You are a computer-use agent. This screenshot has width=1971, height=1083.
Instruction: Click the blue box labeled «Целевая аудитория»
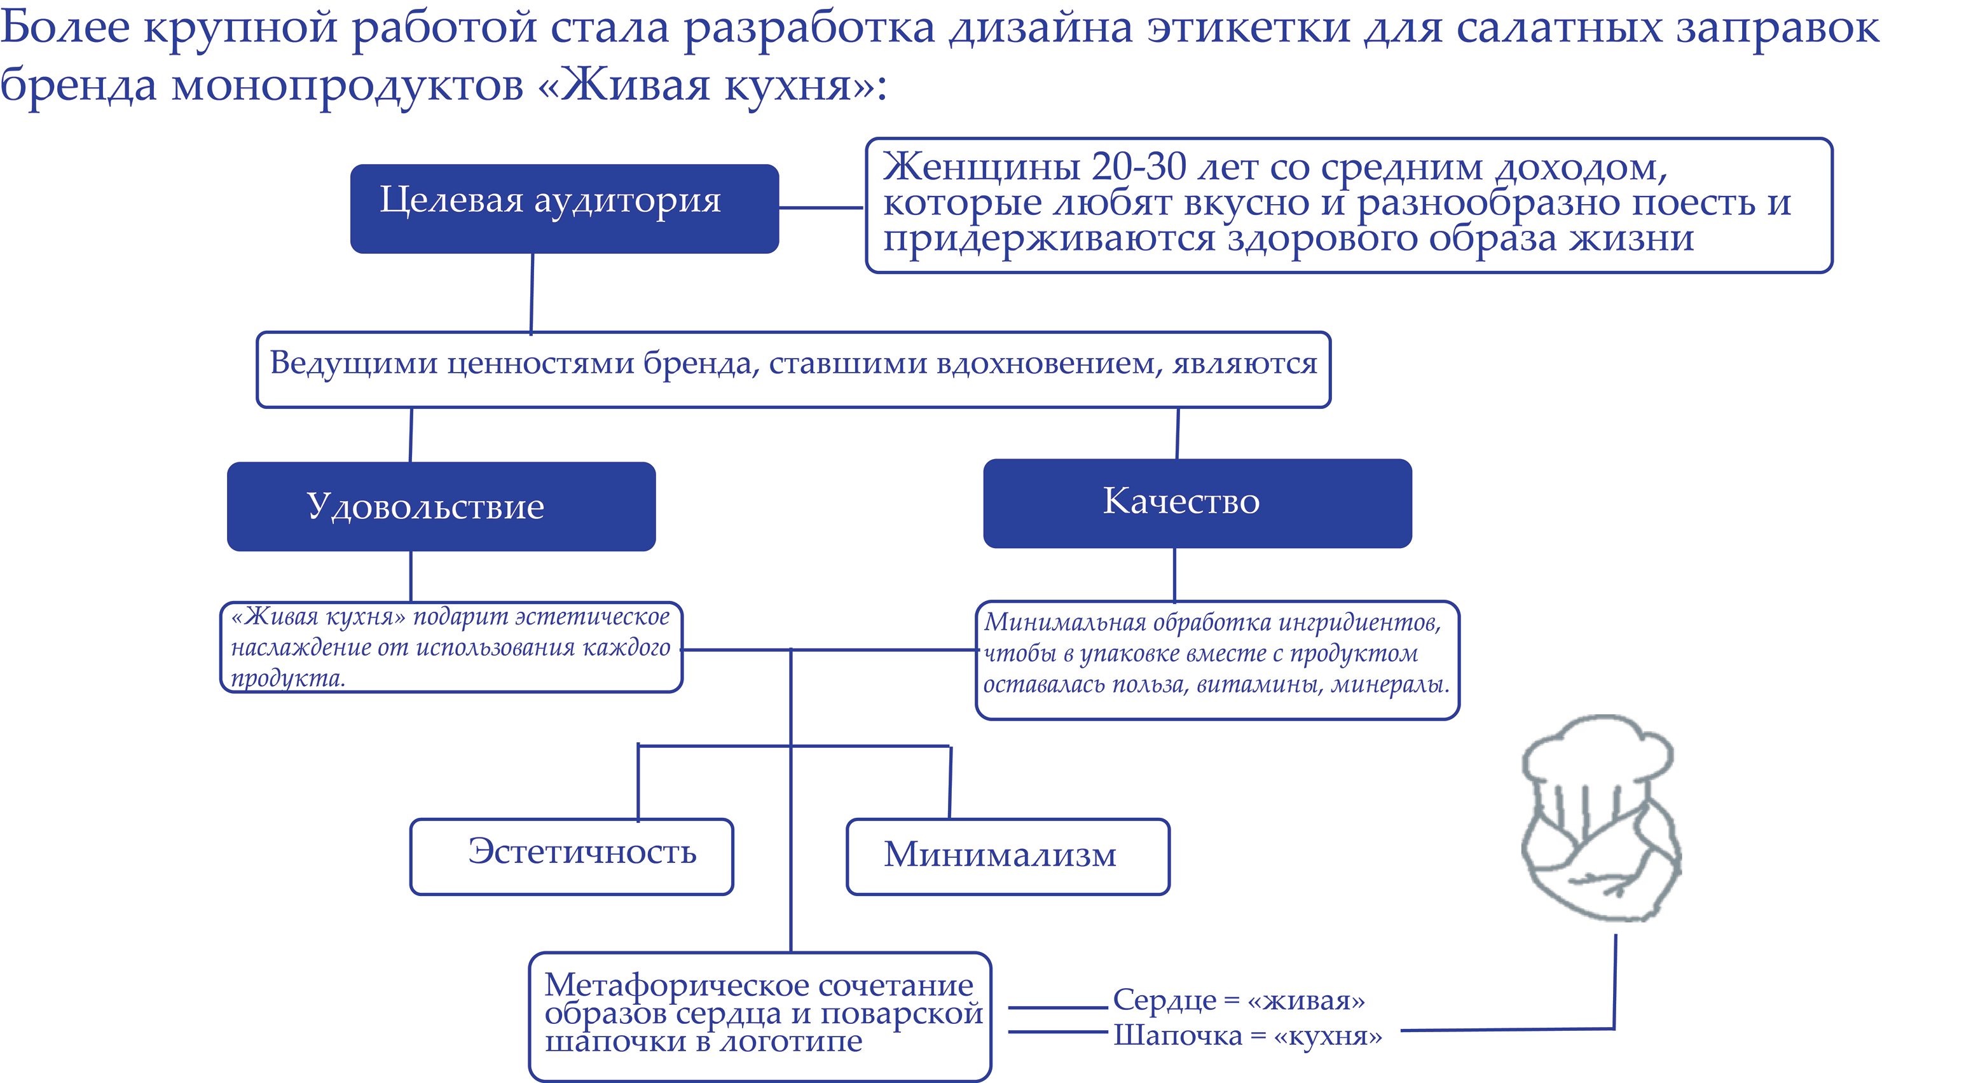564,208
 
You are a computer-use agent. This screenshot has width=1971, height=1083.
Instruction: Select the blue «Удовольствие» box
441,506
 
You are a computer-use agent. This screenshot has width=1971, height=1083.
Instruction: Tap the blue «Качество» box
1197,503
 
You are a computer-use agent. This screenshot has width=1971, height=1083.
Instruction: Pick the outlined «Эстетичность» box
572,857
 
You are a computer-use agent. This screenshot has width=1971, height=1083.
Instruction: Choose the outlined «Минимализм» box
1008,857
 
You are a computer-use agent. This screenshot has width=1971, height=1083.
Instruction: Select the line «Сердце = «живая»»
1238,1000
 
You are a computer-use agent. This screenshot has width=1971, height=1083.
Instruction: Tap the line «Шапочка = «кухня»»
1247,1035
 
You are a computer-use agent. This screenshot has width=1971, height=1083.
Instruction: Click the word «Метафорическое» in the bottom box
663,985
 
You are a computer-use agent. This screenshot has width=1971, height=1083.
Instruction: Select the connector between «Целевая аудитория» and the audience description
821,207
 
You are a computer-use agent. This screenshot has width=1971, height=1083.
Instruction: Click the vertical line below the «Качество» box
1174,574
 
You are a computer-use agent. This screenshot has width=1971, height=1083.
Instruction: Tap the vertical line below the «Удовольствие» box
411,576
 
